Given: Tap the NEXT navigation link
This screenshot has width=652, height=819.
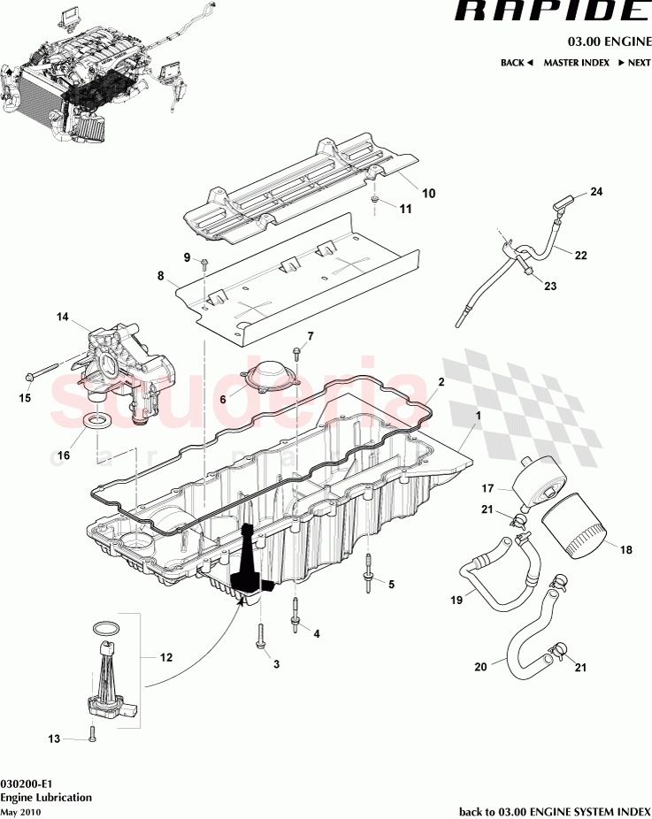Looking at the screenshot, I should tap(634, 63).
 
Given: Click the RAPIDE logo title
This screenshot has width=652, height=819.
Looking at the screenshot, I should tap(551, 12).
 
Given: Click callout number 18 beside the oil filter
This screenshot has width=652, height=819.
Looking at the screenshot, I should tap(625, 550).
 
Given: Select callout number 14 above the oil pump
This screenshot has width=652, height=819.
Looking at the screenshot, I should tap(62, 316).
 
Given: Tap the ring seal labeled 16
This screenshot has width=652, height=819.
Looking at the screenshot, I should tap(96, 417).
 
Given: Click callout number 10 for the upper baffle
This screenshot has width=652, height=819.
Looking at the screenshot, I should tap(428, 192).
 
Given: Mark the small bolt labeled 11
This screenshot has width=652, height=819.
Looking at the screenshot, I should tap(377, 203).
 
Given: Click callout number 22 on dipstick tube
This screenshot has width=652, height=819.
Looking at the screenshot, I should tap(580, 256).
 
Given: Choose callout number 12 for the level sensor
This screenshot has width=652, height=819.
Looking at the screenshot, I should tap(165, 657).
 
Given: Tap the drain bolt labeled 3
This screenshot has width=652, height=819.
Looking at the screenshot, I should tap(262, 636).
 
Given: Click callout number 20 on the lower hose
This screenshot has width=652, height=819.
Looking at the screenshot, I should tap(479, 668).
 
